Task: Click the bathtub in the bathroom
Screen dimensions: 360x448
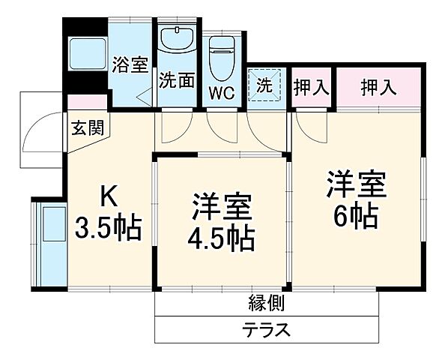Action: coord(86,54)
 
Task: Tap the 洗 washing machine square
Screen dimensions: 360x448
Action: coord(266,85)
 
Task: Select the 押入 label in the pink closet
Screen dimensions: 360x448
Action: coord(378,87)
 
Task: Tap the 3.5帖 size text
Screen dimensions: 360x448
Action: coord(109,229)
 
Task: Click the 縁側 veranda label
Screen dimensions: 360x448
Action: coord(265,303)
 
